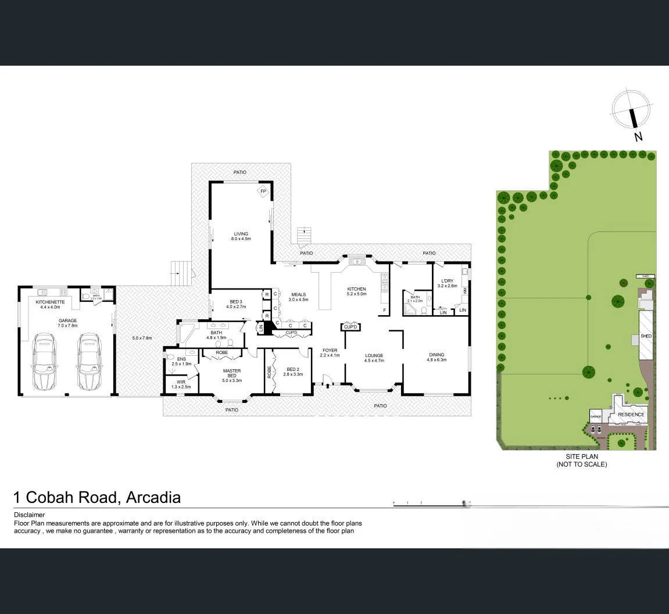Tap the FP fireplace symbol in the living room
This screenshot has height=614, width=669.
pyautogui.click(x=263, y=191)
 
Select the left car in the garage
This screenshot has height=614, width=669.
pyautogui.click(x=44, y=361)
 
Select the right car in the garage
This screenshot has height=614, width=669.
pyautogui.click(x=88, y=361)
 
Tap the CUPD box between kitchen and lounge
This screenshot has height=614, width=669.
pyautogui.click(x=350, y=327)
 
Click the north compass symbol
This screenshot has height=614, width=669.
pyautogui.click(x=631, y=110)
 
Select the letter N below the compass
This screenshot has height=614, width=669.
pyautogui.click(x=638, y=137)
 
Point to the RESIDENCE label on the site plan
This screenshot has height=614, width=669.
pyautogui.click(x=631, y=415)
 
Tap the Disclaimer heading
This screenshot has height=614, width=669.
pyautogui.click(x=29, y=515)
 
